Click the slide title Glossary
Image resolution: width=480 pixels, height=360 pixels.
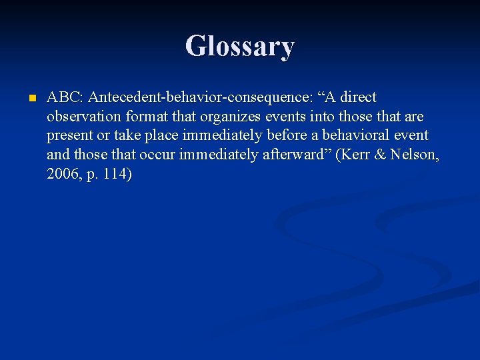(240, 47)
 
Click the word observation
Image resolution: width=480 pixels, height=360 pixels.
(83, 117)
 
